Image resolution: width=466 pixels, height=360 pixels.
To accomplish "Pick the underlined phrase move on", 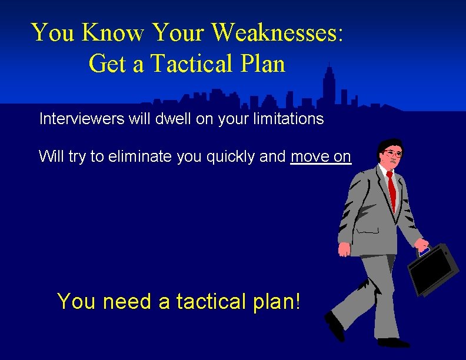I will click(321, 156).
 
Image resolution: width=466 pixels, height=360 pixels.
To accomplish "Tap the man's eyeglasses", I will click(393, 154).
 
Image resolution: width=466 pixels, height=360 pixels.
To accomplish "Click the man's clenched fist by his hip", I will click(344, 249).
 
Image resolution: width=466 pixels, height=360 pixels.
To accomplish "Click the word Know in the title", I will click(114, 32).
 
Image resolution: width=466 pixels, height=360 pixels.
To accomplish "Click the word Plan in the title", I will click(264, 64).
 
